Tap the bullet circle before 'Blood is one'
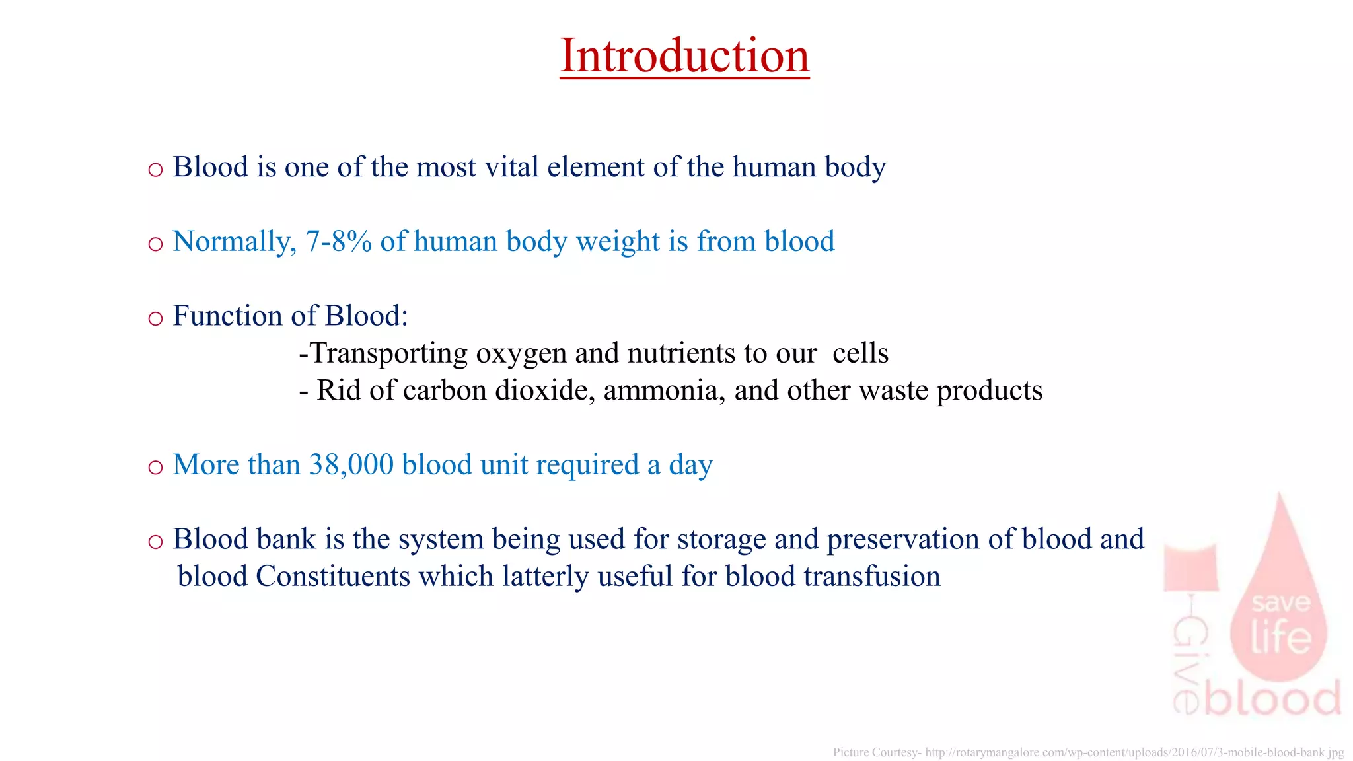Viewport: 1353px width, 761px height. click(155, 170)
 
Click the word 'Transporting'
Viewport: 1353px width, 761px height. click(389, 354)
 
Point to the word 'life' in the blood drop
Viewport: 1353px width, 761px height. click(1280, 637)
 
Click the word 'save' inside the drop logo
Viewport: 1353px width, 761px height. click(1280, 602)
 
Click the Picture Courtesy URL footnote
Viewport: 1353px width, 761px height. click(1088, 752)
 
